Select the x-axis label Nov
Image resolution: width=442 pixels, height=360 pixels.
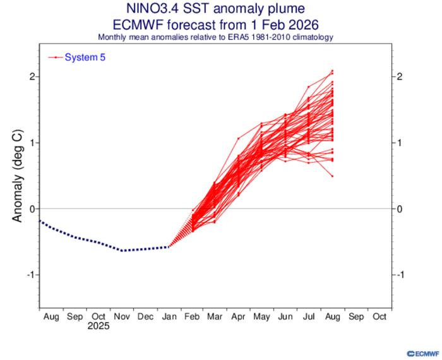tap(121, 316)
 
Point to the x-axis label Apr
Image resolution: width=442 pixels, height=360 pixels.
tap(239, 316)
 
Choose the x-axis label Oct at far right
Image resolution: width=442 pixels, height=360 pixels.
tap(379, 316)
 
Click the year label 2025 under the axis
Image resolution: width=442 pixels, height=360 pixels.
tap(98, 327)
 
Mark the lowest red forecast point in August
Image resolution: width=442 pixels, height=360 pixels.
tap(331, 176)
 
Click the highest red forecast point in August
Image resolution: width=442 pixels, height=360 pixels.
tap(331, 71)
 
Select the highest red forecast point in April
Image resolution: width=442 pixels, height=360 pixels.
tap(239, 138)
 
